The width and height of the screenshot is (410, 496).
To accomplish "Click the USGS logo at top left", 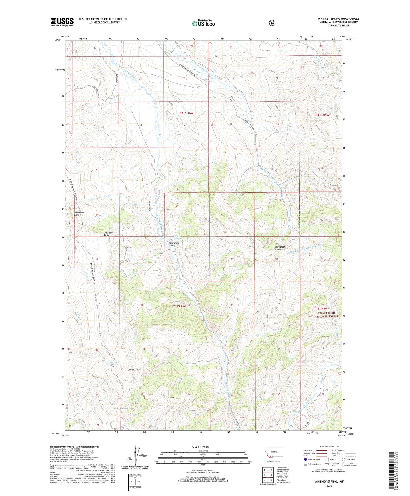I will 62,22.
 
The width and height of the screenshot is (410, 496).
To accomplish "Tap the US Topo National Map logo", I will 203,23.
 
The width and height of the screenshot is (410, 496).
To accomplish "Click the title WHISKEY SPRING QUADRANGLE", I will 338,19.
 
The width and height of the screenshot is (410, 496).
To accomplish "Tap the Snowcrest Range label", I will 280,248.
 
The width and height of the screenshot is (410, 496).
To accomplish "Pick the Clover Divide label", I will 134,370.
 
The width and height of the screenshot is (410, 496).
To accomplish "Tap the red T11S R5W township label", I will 322,115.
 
